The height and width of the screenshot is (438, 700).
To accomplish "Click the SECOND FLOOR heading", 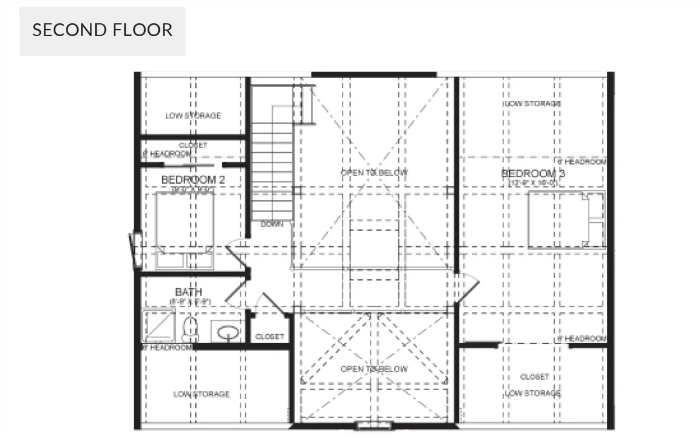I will pyautogui.click(x=102, y=30).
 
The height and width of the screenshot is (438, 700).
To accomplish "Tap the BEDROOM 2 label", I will pyautogui.click(x=192, y=179).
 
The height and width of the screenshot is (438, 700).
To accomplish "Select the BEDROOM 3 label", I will pyautogui.click(x=533, y=173).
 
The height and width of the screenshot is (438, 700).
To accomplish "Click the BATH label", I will pyautogui.click(x=188, y=292).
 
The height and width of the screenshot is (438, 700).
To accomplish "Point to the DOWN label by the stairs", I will pyautogui.click(x=272, y=224).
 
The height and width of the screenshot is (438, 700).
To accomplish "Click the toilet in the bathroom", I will pyautogui.click(x=190, y=330).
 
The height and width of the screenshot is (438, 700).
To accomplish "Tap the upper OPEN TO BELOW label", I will pyautogui.click(x=374, y=173).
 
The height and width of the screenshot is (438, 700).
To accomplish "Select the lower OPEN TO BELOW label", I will pyautogui.click(x=374, y=369).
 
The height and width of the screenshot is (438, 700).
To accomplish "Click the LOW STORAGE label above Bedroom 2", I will pyautogui.click(x=193, y=115).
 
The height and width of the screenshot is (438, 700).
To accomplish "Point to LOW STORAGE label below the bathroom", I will pyautogui.click(x=201, y=394).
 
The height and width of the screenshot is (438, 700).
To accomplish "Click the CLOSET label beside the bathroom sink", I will pyautogui.click(x=269, y=337).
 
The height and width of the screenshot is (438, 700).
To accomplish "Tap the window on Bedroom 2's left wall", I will pyautogui.click(x=135, y=251).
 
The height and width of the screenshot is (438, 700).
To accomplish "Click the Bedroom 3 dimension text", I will pyautogui.click(x=533, y=183).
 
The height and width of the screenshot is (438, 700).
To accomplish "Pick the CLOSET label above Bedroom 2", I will pyautogui.click(x=193, y=145).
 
